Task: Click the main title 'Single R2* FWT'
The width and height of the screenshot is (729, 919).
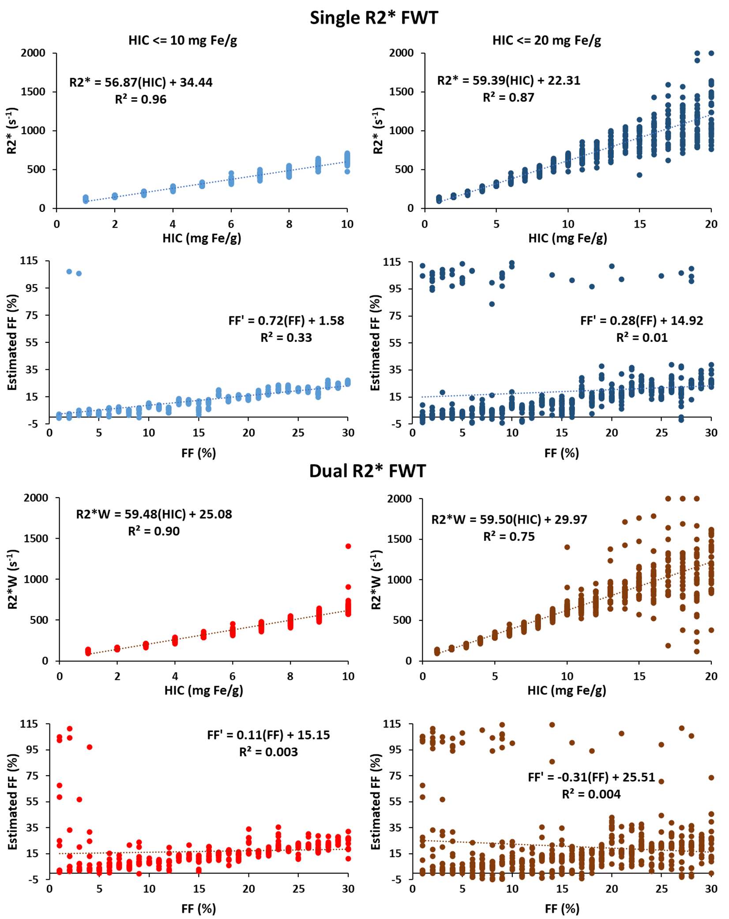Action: [x=374, y=18]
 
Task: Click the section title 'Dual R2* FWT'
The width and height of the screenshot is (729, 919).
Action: [x=367, y=471]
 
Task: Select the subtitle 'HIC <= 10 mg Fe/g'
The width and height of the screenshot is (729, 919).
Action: [x=183, y=41]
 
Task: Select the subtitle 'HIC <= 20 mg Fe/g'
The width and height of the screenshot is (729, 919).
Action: [x=547, y=41]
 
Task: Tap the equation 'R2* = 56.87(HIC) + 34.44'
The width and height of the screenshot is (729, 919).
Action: [x=141, y=83]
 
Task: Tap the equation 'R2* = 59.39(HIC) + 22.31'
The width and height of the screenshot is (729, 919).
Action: [x=509, y=81]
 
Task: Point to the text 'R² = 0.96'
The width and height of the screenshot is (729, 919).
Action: [x=141, y=100]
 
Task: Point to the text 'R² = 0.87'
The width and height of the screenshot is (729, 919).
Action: [x=508, y=98]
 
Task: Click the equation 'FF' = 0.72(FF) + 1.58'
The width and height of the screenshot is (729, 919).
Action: [x=286, y=321]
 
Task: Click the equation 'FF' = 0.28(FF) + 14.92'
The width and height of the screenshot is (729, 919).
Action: [x=642, y=321]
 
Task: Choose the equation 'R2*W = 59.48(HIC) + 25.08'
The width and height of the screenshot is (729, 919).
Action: [x=154, y=514]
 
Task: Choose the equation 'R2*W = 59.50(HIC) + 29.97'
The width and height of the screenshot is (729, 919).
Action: [x=509, y=520]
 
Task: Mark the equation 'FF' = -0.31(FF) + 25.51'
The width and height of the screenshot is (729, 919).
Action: [x=591, y=777]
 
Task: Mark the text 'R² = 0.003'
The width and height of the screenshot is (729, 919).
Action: [x=268, y=752]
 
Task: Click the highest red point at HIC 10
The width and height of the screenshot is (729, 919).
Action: [x=348, y=546]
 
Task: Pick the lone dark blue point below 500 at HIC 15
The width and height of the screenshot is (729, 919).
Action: [x=639, y=175]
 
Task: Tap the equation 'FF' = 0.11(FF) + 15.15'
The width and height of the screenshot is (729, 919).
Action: [x=268, y=735]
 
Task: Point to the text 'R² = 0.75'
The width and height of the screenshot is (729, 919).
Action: [x=509, y=537]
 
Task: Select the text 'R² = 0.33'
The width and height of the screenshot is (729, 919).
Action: [x=286, y=338]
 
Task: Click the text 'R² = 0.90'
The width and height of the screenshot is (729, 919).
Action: [x=154, y=531]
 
